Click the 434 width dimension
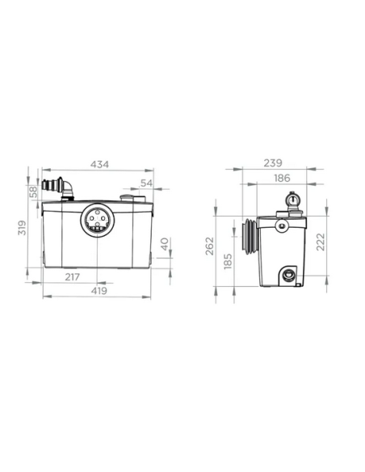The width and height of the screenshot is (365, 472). (x=98, y=164)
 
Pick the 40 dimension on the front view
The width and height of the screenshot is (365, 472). (x=164, y=243)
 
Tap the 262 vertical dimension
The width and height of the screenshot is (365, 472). (x=210, y=245)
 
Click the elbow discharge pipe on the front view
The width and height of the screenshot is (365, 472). (x=63, y=187)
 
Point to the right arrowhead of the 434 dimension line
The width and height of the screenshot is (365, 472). (x=151, y=171)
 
